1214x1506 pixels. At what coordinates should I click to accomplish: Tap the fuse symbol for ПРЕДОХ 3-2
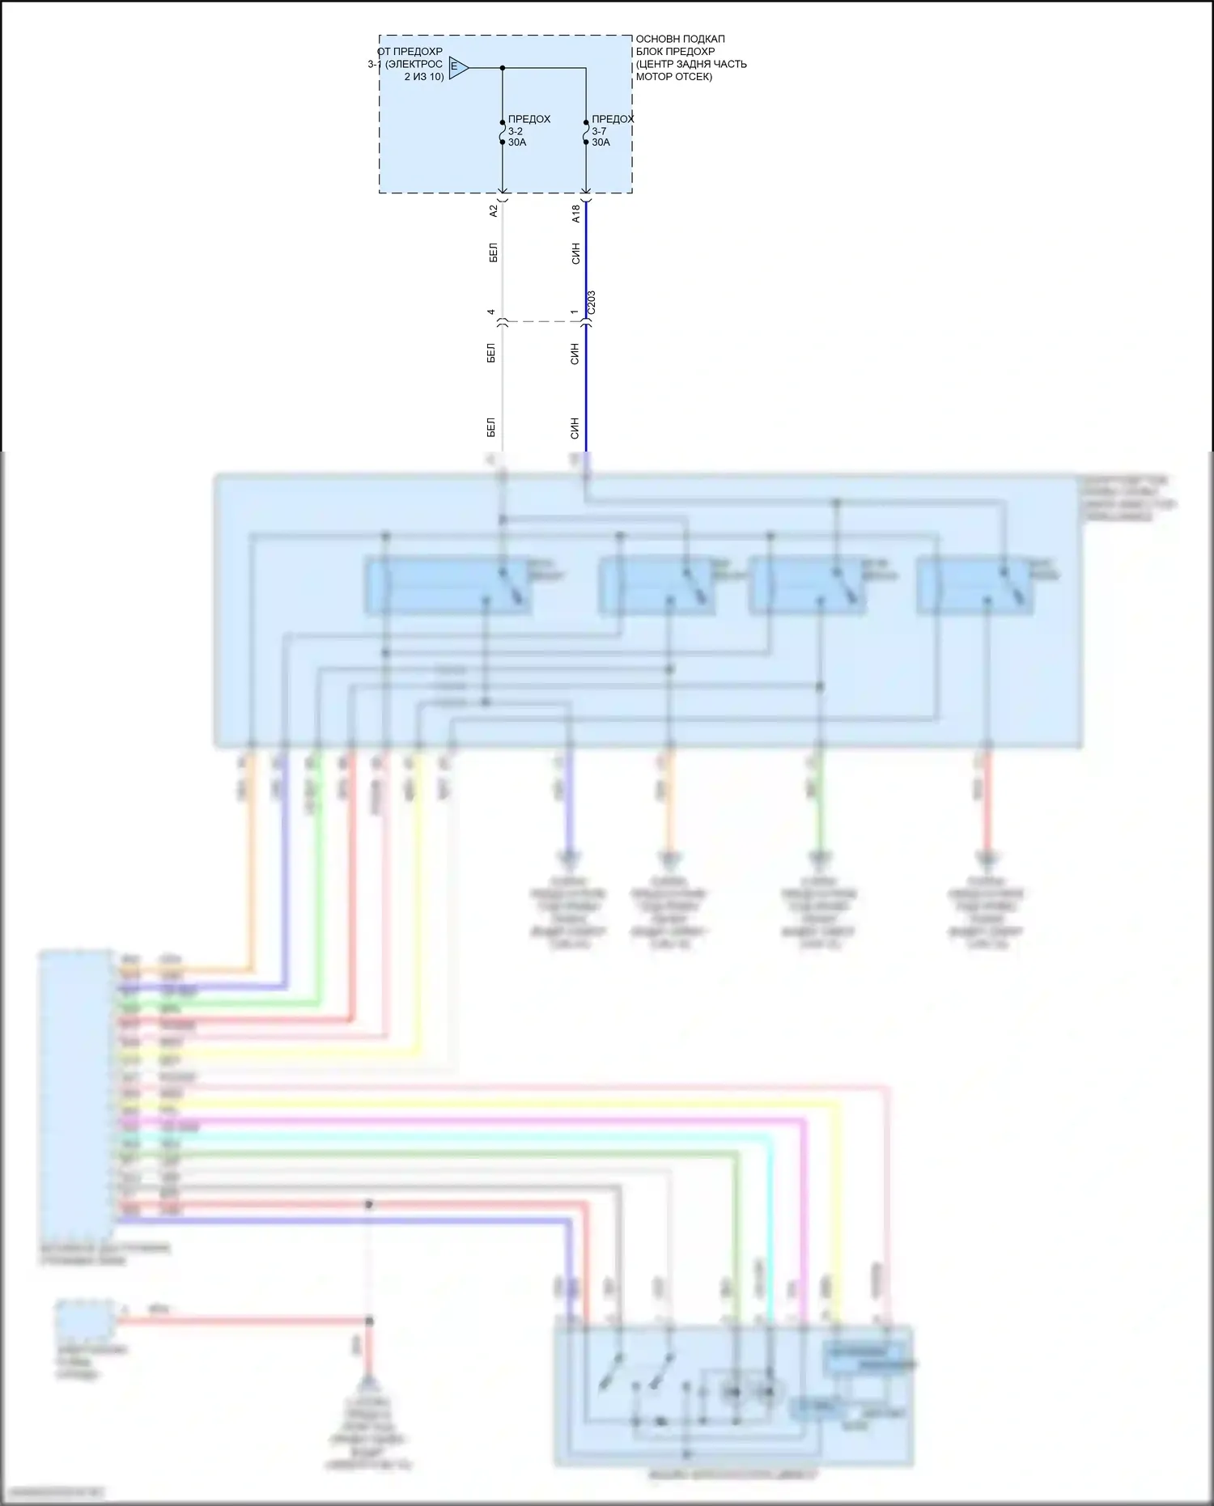503,132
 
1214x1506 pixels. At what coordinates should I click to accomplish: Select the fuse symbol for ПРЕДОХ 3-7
586,132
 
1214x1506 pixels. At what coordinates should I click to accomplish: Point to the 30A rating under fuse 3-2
517,142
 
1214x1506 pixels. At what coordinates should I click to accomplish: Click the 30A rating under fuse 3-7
601,142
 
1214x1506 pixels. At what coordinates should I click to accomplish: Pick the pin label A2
493,211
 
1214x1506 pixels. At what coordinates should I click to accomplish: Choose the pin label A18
575,214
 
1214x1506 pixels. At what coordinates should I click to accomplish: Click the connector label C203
591,303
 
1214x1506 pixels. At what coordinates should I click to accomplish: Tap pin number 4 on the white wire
491,312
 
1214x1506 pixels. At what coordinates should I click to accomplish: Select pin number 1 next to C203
574,312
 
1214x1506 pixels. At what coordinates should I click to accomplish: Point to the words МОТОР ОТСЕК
674,77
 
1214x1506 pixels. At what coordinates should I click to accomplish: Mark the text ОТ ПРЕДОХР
410,52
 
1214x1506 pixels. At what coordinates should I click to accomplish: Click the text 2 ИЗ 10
424,77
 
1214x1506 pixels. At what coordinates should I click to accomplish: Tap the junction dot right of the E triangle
503,68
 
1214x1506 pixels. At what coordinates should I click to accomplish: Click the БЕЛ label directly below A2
493,252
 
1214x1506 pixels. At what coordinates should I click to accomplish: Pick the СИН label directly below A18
575,254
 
